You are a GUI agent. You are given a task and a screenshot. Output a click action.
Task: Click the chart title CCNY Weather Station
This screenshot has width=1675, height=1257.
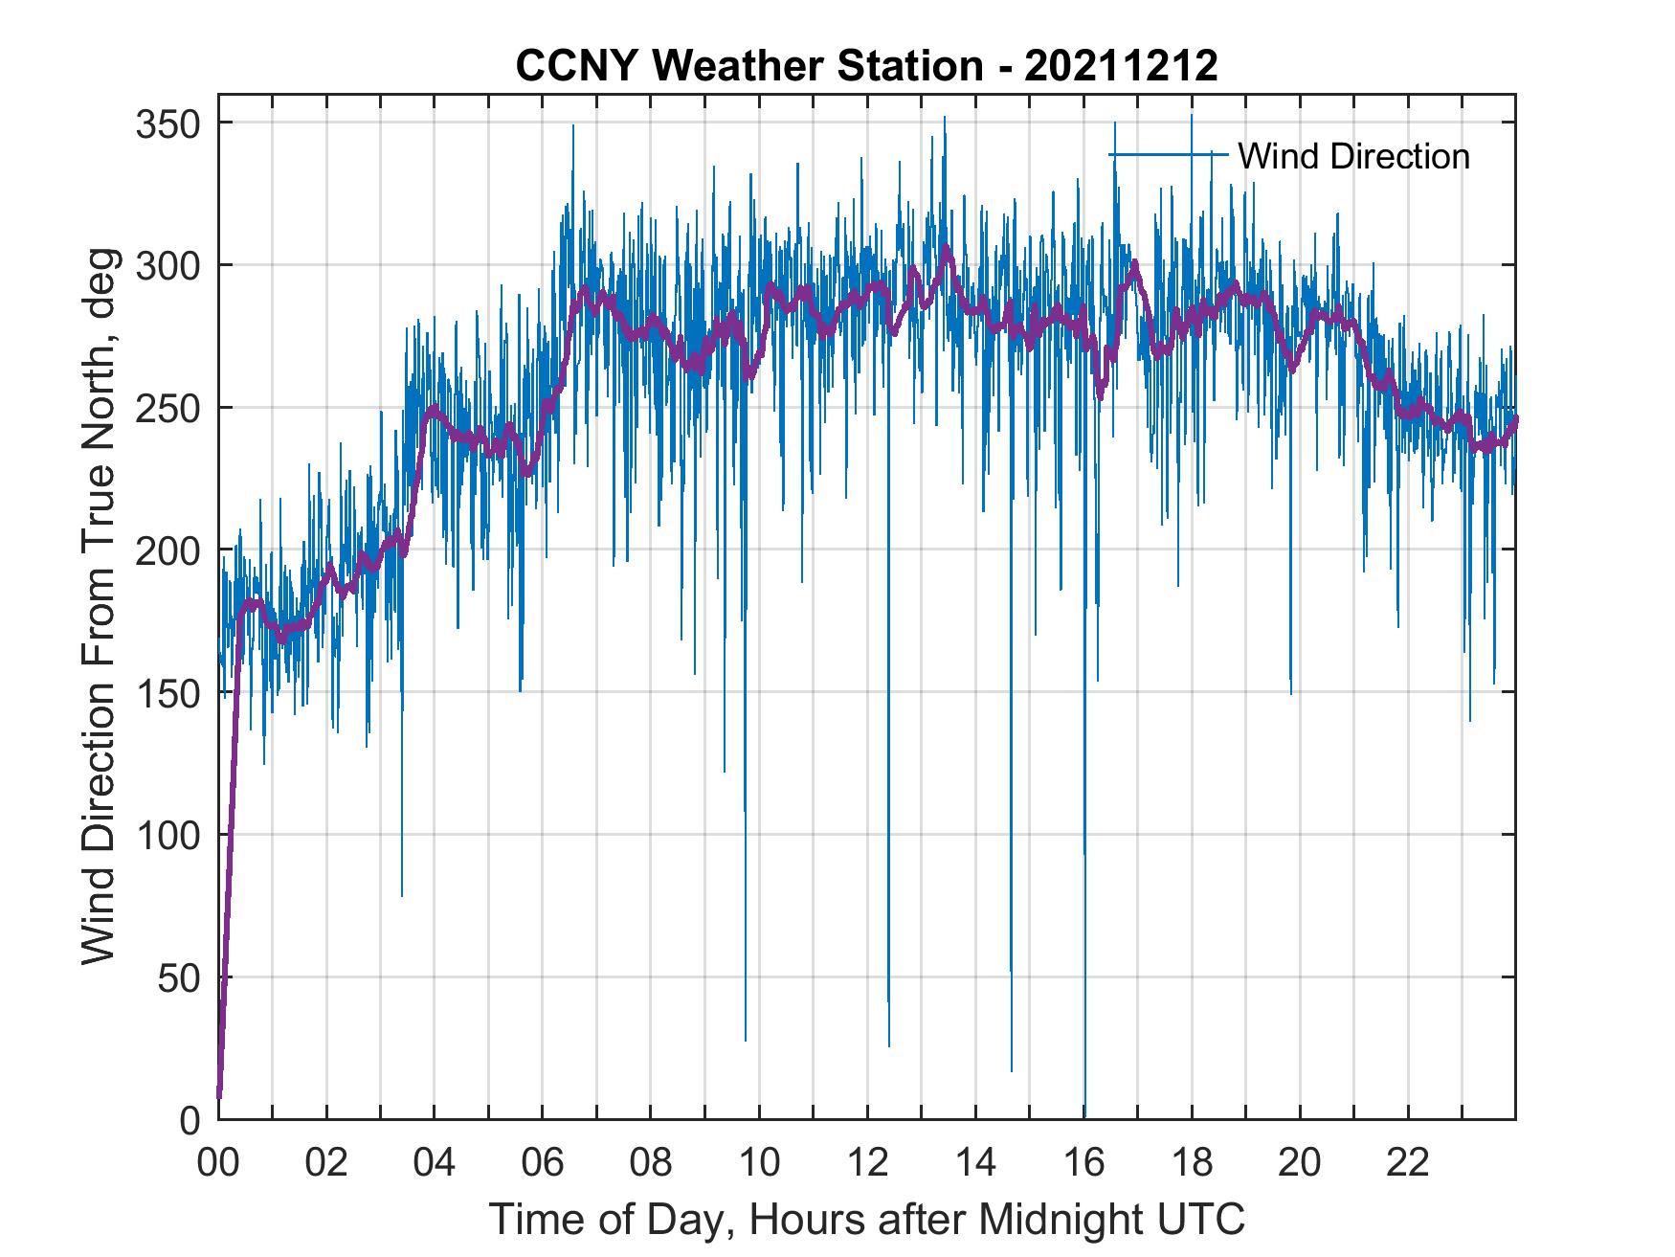748,66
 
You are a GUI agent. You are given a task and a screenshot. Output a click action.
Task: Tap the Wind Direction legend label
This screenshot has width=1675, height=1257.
1353,156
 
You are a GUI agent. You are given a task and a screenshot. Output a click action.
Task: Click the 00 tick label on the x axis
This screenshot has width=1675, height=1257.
218,1163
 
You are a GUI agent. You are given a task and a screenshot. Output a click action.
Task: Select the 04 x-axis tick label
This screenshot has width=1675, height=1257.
435,1163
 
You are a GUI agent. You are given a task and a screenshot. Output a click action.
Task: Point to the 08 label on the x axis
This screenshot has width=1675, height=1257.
651,1163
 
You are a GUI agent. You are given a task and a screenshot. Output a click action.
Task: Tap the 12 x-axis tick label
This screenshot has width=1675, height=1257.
867,1163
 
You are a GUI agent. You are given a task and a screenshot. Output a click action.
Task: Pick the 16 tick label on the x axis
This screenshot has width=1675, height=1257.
1083,1163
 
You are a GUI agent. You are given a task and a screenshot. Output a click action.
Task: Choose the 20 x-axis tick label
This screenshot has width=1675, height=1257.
1300,1163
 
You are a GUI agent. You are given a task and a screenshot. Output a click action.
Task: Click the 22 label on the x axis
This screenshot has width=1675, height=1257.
1408,1163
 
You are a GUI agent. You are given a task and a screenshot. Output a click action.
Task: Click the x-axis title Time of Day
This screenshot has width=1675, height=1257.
867,1219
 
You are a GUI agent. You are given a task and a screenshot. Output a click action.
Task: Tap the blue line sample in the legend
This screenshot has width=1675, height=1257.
1168,155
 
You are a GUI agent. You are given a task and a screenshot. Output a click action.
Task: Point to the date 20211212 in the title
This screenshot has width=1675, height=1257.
1121,66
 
